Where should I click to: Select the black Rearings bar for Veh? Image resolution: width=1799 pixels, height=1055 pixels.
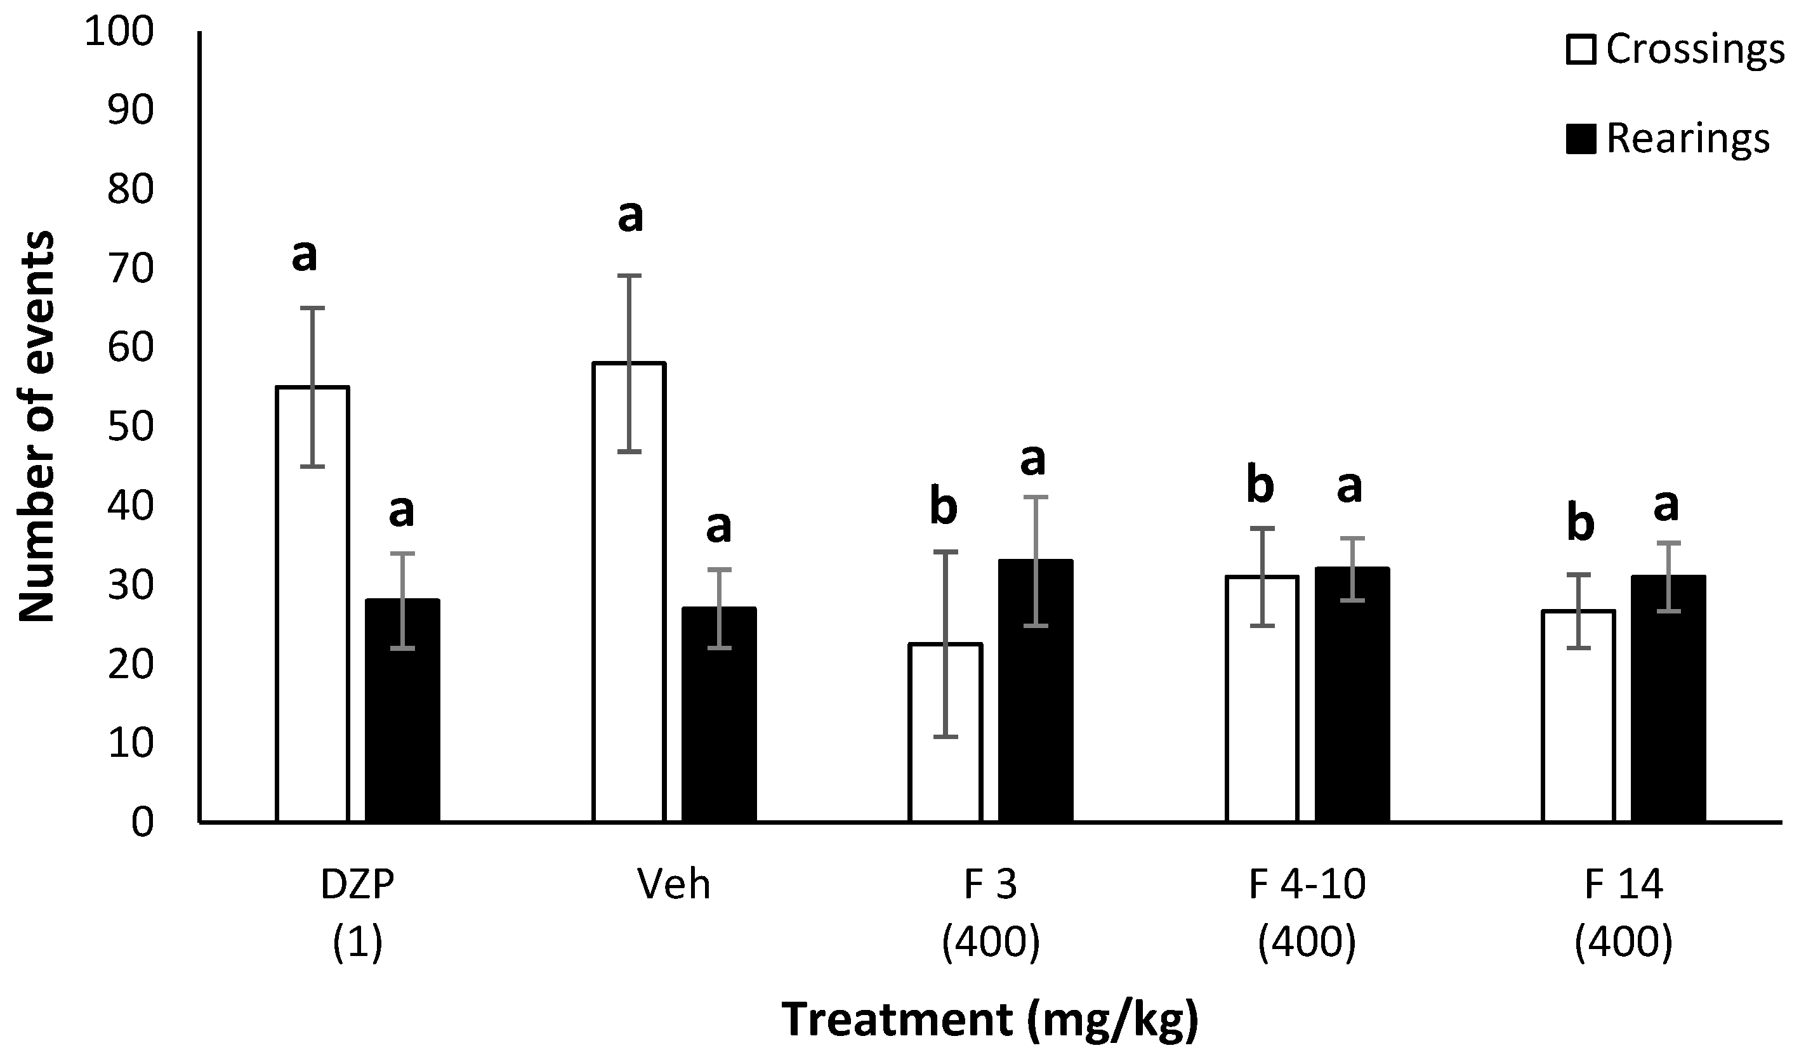click(x=718, y=714)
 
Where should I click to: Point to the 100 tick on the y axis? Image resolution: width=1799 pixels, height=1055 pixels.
click(x=119, y=32)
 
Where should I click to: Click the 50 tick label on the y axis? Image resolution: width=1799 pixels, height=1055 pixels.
click(x=130, y=427)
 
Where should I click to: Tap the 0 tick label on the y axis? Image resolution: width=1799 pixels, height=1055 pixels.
click(x=142, y=822)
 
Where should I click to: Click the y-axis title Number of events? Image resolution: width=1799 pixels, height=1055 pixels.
click(x=36, y=427)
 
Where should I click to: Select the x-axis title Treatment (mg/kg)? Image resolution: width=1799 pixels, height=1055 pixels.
click(x=990, y=1019)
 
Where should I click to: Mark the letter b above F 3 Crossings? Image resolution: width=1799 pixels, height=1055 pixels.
click(x=943, y=508)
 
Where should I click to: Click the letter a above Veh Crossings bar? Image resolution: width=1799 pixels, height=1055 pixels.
click(x=629, y=215)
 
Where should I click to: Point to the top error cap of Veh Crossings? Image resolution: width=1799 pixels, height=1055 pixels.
click(x=629, y=275)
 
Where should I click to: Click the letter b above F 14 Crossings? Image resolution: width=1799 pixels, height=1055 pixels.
click(x=1580, y=524)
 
